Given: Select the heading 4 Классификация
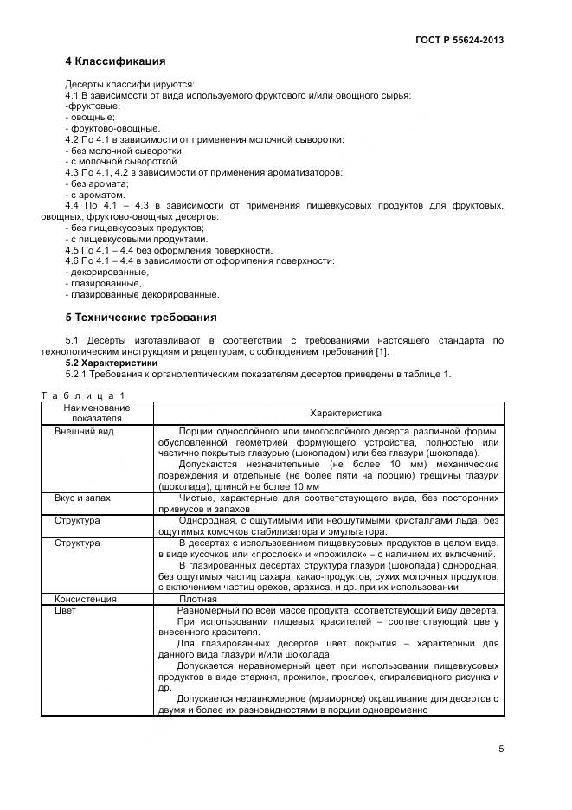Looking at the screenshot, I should tap(115, 61).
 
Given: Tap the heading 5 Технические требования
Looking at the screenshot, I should tap(141, 317).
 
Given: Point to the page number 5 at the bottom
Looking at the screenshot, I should tap(501, 749).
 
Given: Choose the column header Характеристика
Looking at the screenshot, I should tap(328, 414).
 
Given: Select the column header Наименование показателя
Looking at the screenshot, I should tap(96, 413).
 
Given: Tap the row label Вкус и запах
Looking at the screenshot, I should tap(82, 498).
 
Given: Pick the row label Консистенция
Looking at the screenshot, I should tap(87, 598).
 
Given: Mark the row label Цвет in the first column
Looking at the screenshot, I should tap(66, 610).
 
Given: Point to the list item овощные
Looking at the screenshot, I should tap(91, 117).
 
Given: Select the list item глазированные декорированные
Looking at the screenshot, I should tap(142, 294).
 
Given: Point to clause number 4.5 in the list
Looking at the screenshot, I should tap(73, 250).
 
